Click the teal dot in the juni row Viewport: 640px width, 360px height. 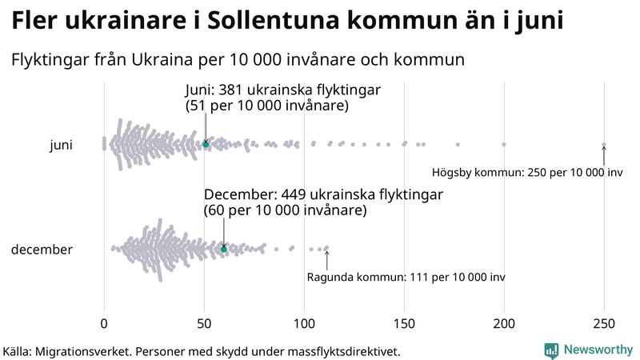(206, 144)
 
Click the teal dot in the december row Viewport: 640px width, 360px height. (224, 250)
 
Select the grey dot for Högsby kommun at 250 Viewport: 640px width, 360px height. (604, 145)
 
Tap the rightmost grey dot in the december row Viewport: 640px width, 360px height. (326, 248)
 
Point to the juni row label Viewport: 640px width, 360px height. (61, 145)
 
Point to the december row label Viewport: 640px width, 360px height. (42, 250)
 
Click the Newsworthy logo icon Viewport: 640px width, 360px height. (551, 350)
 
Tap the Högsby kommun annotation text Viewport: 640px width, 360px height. (527, 172)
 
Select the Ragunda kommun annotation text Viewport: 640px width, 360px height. (406, 277)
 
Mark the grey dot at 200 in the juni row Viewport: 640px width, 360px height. (504, 145)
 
